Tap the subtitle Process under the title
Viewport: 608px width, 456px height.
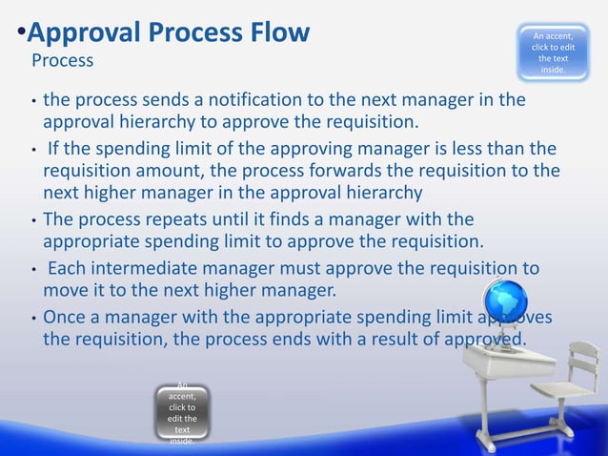click(63, 62)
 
